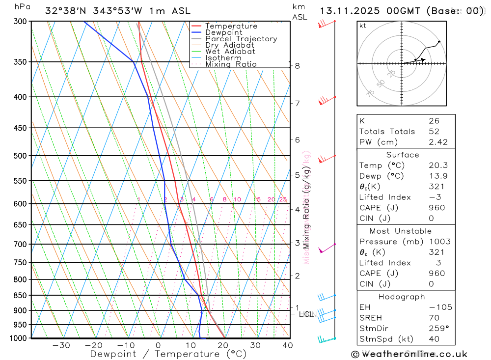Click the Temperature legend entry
[x=231, y=26]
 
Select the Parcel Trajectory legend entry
[x=241, y=39]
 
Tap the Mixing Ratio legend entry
[x=231, y=64]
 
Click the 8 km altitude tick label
[x=298, y=66]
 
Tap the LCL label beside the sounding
[x=306, y=314]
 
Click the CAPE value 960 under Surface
[x=436, y=208]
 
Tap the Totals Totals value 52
[x=434, y=131]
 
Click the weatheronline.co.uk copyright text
[x=409, y=354]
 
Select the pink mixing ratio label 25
[x=283, y=199]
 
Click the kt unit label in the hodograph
[x=363, y=26]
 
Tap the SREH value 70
[x=434, y=318]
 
